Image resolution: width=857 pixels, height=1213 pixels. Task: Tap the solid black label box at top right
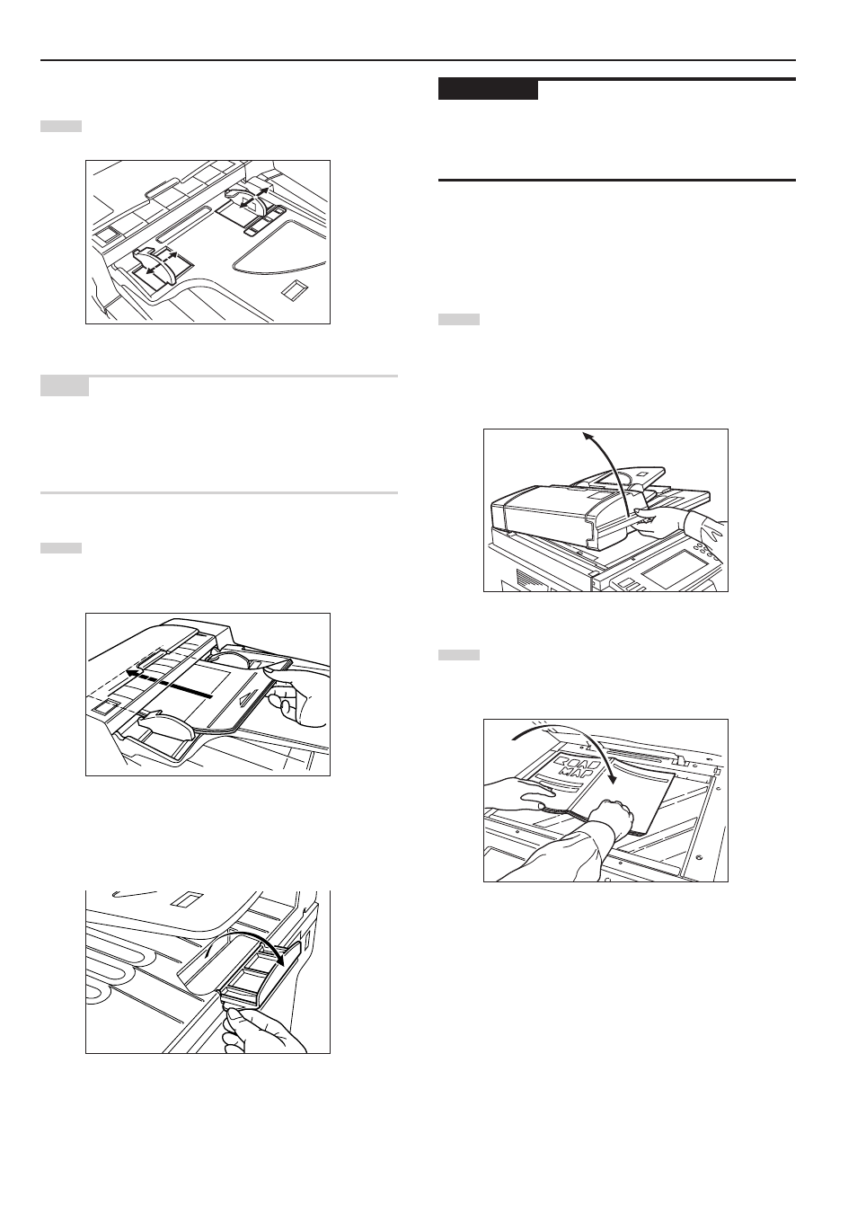point(488,90)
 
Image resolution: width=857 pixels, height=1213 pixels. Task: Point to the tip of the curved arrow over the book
point(613,783)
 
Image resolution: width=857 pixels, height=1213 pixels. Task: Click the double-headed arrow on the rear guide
point(253,199)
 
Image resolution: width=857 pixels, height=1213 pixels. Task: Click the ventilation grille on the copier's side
point(523,577)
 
